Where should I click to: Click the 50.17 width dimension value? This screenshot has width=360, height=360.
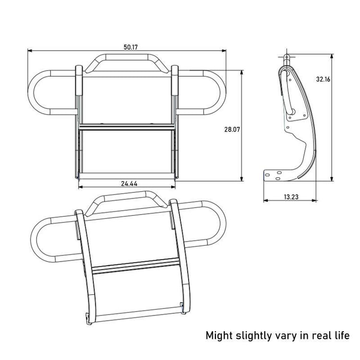pyautogui.click(x=131, y=47)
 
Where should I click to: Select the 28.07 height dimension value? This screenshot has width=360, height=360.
pyautogui.click(x=232, y=129)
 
